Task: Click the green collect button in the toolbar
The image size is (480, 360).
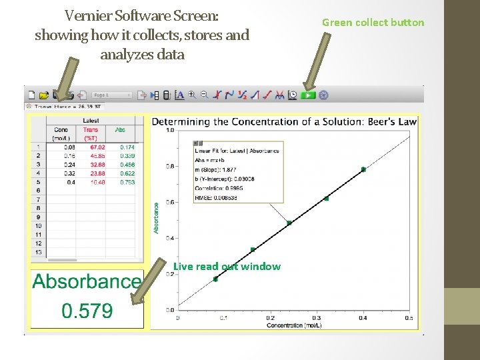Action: coord(307,95)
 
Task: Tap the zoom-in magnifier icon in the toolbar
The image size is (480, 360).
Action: coord(192,95)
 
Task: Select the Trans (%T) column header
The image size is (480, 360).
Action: coord(91,133)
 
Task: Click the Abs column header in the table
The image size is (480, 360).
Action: coord(120,129)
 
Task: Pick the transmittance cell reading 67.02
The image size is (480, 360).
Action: coord(97,147)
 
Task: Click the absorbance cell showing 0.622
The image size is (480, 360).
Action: coord(127,173)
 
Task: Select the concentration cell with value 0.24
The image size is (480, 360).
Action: coord(69,164)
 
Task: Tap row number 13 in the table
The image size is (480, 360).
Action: coord(38,251)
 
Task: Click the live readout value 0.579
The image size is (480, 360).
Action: coord(87,311)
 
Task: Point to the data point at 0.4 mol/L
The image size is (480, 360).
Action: coord(363,169)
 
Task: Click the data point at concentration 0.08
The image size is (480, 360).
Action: coord(215,279)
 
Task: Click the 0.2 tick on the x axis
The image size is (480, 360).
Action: coord(270,318)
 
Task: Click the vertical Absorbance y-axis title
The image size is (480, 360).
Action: coord(157,218)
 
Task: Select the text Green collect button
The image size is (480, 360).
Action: coord(373,23)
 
